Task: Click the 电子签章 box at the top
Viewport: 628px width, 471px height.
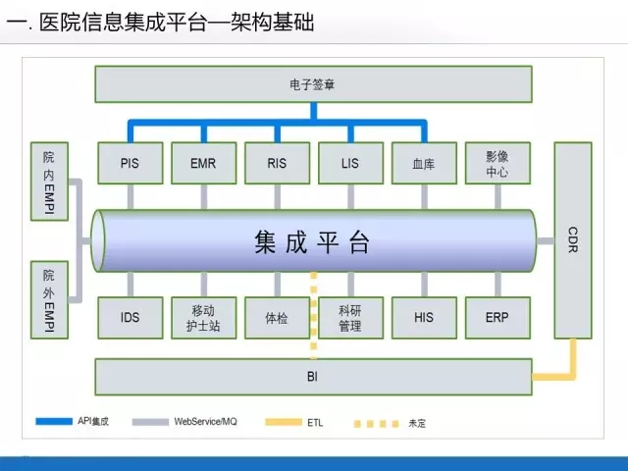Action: click(313, 83)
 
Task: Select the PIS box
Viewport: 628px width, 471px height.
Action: click(130, 163)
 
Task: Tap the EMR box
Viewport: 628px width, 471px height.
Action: click(203, 163)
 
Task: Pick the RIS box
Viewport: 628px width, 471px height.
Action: click(277, 163)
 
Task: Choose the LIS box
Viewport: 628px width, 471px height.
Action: click(350, 163)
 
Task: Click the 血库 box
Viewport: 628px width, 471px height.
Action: click(424, 163)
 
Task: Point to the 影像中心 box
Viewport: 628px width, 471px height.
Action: click(497, 163)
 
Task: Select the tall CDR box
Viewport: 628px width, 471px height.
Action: click(573, 240)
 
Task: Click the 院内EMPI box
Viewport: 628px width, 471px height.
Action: click(49, 183)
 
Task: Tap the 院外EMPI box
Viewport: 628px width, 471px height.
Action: click(49, 299)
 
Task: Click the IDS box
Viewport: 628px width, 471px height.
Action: click(130, 318)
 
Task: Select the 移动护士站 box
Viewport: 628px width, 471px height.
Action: click(203, 318)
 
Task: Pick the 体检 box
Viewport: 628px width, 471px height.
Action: click(277, 318)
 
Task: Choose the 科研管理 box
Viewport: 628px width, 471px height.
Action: click(350, 318)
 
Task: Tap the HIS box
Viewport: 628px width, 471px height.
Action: click(424, 318)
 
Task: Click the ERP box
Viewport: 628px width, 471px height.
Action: click(497, 318)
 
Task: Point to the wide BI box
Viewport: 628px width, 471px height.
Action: click(313, 376)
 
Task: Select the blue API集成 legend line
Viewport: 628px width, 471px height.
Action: click(54, 422)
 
